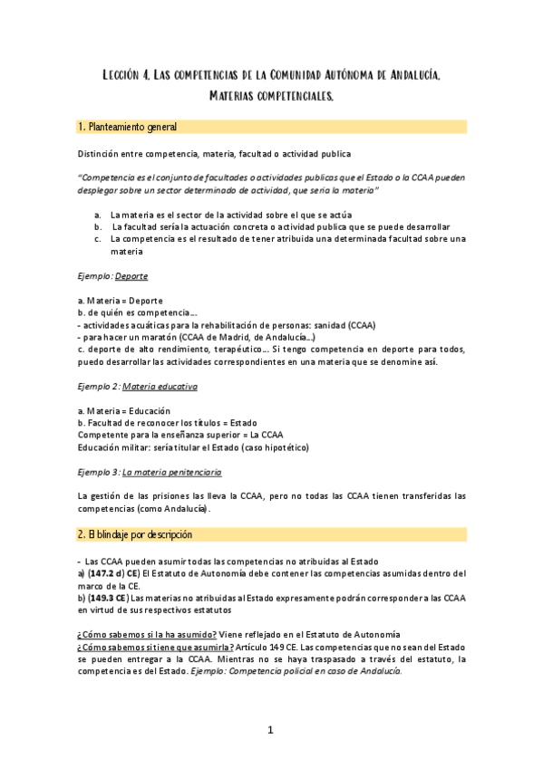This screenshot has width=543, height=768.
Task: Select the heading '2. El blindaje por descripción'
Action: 135,535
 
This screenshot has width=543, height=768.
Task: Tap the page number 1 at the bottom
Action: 271,729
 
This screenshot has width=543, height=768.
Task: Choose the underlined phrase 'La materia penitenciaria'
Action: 171,472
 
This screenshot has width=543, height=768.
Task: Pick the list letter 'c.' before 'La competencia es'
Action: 97,238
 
